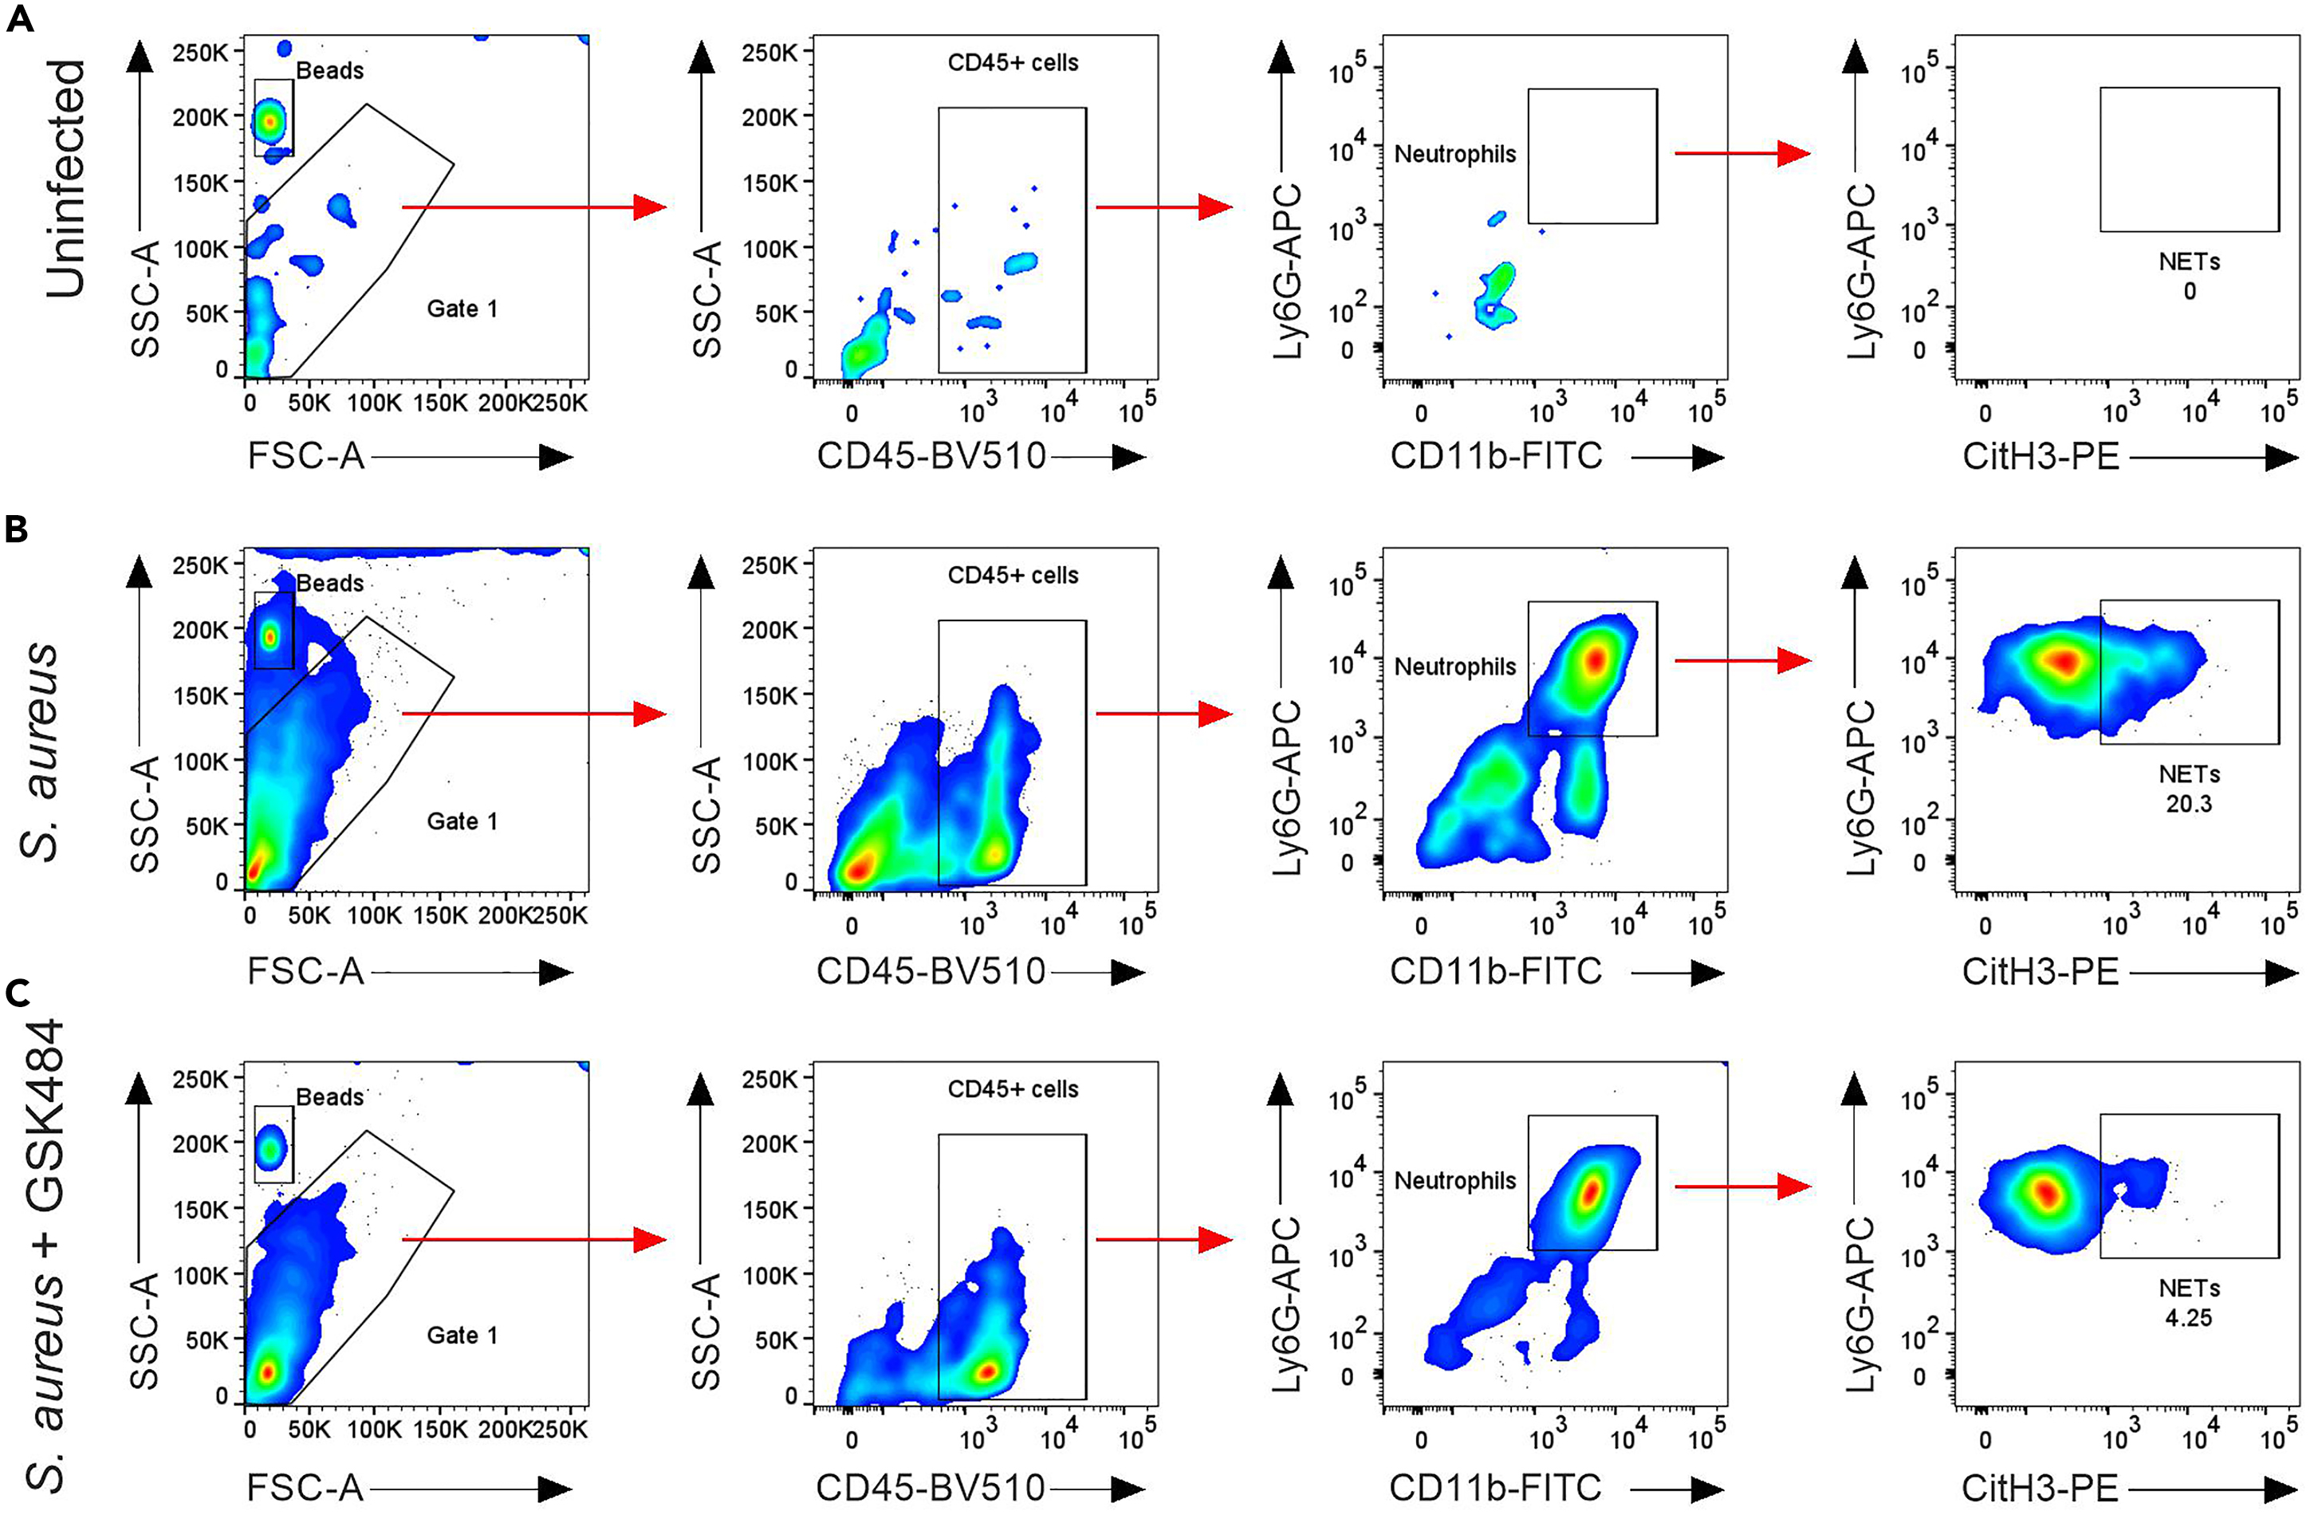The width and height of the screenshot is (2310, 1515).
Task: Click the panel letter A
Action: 19,18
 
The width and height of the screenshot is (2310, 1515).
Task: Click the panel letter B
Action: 17,530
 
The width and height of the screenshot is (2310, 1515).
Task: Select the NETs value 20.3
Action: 2189,804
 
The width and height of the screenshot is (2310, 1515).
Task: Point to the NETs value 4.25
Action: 2189,1317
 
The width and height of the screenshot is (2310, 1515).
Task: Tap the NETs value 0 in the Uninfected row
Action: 2190,291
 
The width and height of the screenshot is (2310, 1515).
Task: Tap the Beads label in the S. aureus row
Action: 330,584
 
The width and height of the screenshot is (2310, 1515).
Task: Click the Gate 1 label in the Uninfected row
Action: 462,309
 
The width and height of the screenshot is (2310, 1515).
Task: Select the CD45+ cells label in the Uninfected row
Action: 1013,63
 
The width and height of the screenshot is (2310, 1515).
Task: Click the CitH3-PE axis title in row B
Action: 2040,971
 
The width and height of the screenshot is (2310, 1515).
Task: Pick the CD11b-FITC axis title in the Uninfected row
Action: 1496,456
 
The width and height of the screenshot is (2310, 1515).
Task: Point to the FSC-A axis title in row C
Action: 305,1487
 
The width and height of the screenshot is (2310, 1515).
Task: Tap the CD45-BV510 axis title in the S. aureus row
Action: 931,971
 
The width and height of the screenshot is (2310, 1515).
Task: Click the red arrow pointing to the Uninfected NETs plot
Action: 1742,153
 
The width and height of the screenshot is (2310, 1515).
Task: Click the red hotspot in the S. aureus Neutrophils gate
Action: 1596,661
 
